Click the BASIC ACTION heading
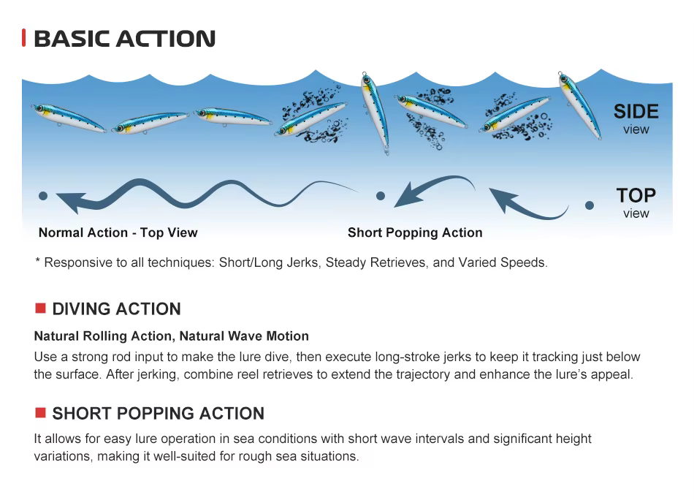pyautogui.click(x=124, y=39)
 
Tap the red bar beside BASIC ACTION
pyautogui.click(x=24, y=37)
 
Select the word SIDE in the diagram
pyautogui.click(x=636, y=112)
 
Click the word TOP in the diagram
pyautogui.click(x=636, y=195)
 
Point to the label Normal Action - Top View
pyautogui.click(x=118, y=232)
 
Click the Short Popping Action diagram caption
pyautogui.click(x=415, y=232)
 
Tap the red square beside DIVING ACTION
pyautogui.click(x=40, y=308)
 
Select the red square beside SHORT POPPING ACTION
pyautogui.click(x=40, y=413)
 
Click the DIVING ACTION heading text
pyautogui.click(x=116, y=308)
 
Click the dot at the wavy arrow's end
pyautogui.click(x=43, y=196)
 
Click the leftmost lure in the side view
pyautogui.click(x=68, y=118)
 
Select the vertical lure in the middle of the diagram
pyautogui.click(x=375, y=113)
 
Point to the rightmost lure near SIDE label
pyautogui.click(x=580, y=105)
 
